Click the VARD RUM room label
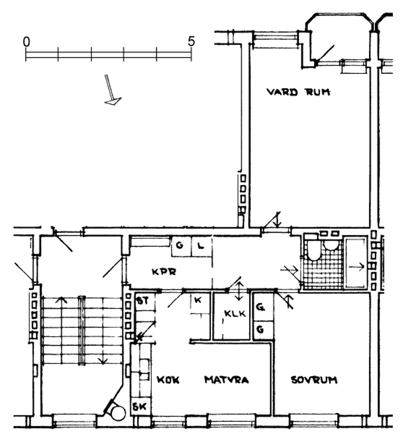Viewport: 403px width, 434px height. tap(299, 92)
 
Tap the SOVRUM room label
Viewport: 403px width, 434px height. tap(314, 380)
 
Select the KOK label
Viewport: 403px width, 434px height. tap(168, 380)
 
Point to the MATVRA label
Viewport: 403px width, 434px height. tap(227, 380)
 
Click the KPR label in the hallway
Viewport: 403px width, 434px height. tap(164, 272)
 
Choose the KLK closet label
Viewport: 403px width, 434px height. tap(235, 313)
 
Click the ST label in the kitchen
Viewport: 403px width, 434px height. tap(143, 300)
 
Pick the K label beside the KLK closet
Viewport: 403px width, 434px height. tap(198, 300)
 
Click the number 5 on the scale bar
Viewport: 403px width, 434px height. tap(191, 42)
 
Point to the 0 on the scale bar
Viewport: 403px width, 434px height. tap(26, 42)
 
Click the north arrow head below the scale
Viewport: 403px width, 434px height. tap(113, 101)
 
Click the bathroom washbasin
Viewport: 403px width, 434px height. tap(330, 245)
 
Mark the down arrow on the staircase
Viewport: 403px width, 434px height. tap(103, 360)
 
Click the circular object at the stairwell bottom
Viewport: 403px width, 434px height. tap(118, 413)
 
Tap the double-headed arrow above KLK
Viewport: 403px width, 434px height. tap(239, 291)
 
